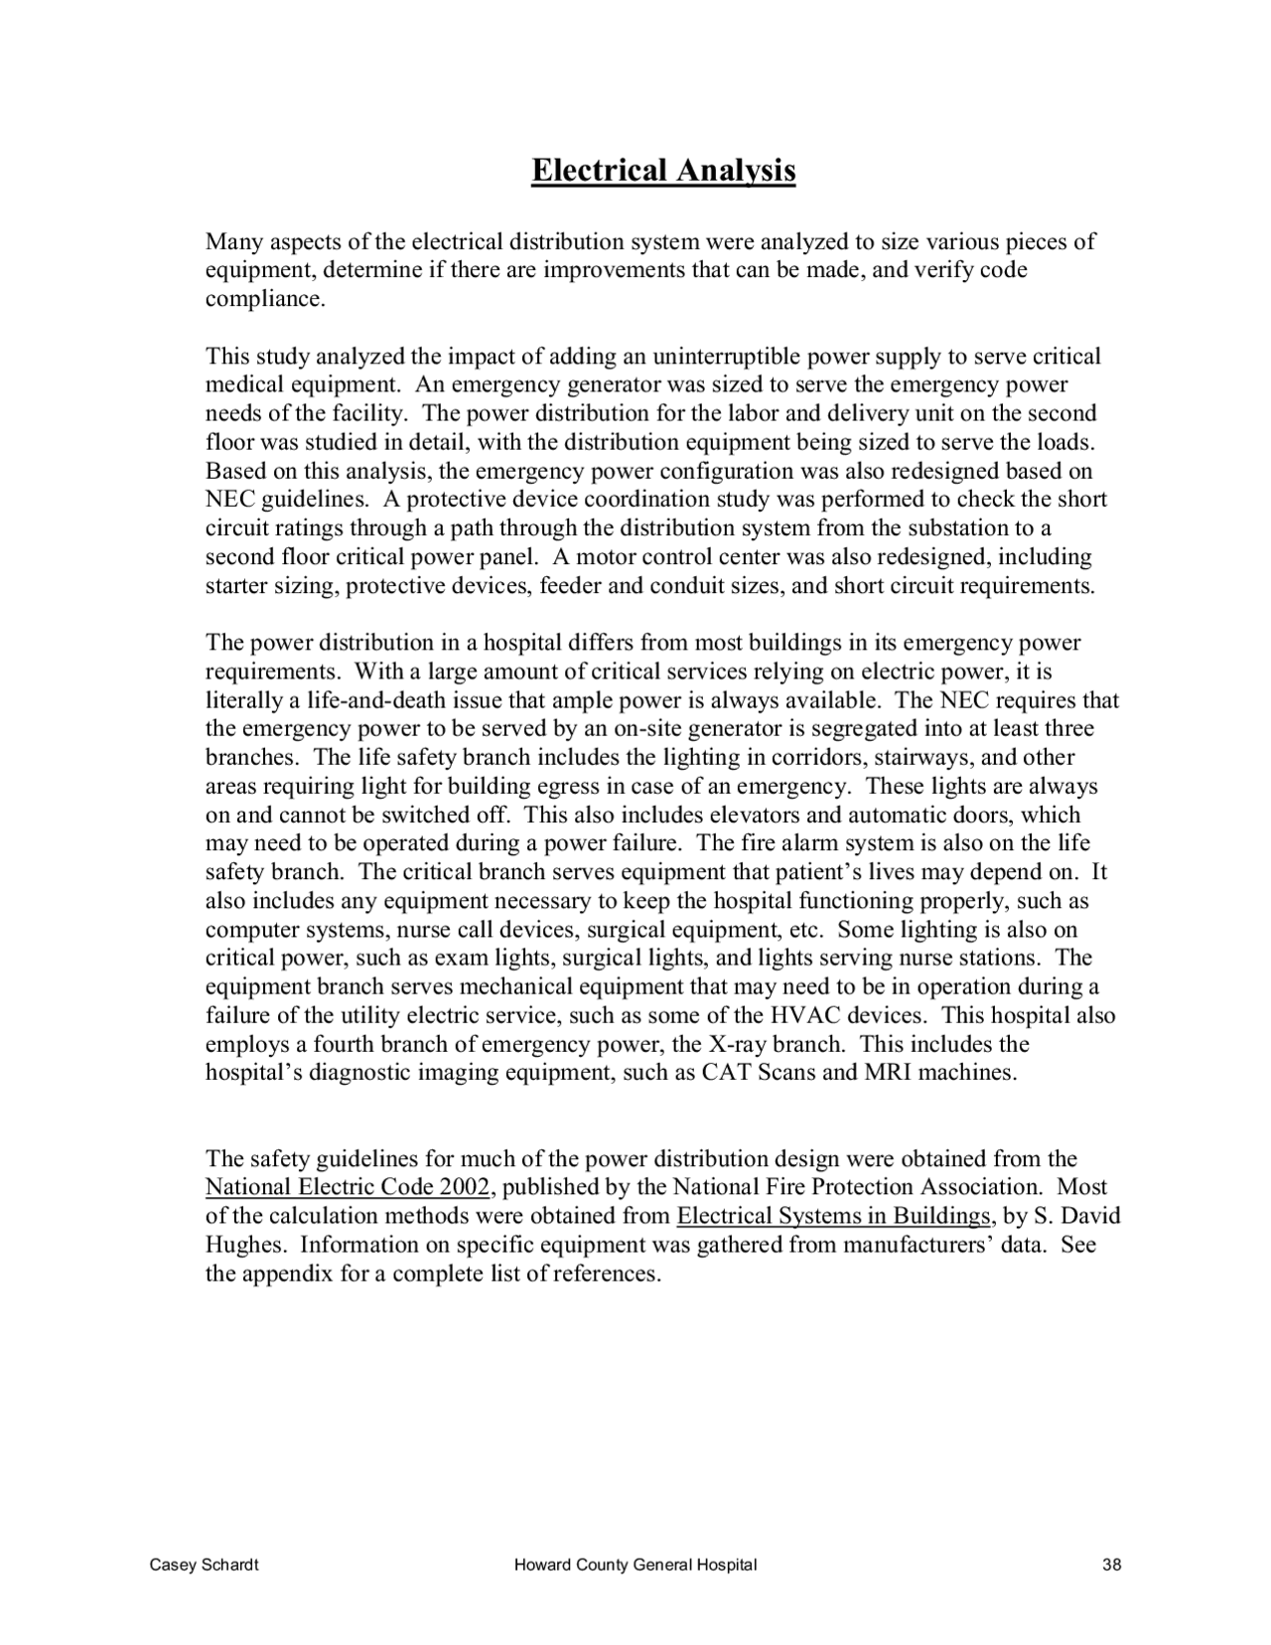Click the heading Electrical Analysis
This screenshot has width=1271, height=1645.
pos(663,171)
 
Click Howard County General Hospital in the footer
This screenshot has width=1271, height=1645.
pos(635,1566)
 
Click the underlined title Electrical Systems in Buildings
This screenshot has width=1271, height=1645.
pos(833,1217)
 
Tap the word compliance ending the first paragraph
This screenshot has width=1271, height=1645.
pos(263,300)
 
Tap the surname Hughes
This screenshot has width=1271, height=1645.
pos(245,1246)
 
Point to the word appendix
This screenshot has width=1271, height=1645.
pos(287,1274)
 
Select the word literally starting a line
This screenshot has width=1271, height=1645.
pos(243,701)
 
